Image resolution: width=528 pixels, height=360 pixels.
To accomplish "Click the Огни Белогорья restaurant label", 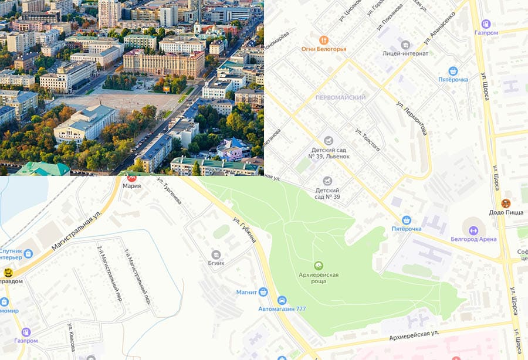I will [324, 49].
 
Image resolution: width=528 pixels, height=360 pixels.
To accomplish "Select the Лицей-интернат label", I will [405, 53].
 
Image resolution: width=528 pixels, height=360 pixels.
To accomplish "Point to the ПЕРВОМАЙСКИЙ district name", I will [340, 97].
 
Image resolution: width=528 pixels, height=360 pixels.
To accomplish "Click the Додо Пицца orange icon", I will [506, 203].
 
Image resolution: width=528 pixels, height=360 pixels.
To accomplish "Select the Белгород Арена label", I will [473, 239].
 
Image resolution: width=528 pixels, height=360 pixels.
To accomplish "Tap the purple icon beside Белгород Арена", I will [474, 230].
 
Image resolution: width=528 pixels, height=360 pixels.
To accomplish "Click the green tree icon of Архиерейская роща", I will [319, 266].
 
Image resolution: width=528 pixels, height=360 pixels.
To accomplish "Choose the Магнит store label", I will [247, 291].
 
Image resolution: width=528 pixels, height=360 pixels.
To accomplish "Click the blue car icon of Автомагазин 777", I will [282, 300].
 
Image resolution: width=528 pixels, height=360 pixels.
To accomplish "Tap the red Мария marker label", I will [132, 186].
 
